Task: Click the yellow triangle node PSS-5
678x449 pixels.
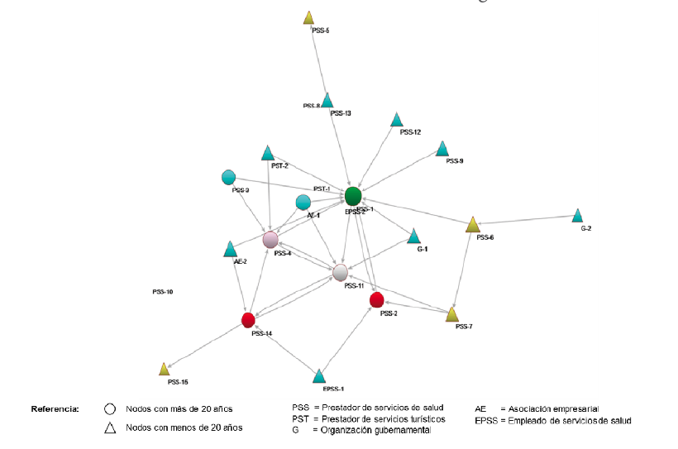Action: (x=308, y=17)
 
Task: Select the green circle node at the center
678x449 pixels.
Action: (x=353, y=196)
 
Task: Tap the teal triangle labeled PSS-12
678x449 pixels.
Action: (x=397, y=121)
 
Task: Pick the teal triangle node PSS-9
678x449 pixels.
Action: (x=442, y=149)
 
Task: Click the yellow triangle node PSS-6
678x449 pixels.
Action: (x=473, y=225)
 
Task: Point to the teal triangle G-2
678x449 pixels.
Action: (x=577, y=217)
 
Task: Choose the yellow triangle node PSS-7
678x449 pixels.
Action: (x=452, y=314)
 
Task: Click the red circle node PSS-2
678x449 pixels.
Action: (x=377, y=299)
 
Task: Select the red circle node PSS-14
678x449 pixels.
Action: (x=248, y=320)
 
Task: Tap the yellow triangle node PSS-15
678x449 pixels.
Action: (x=164, y=369)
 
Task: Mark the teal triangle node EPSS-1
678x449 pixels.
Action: (x=319, y=377)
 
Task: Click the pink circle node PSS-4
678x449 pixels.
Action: (x=270, y=240)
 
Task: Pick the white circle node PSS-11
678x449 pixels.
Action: (x=341, y=271)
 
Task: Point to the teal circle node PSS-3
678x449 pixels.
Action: (x=229, y=177)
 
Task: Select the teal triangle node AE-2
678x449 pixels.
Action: (x=231, y=249)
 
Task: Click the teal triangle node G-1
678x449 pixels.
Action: (x=414, y=237)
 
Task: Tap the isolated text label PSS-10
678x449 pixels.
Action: (x=162, y=292)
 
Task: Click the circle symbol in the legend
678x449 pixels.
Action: (x=110, y=409)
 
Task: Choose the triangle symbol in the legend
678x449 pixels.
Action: (x=110, y=427)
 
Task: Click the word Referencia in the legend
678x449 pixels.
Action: (x=55, y=409)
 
